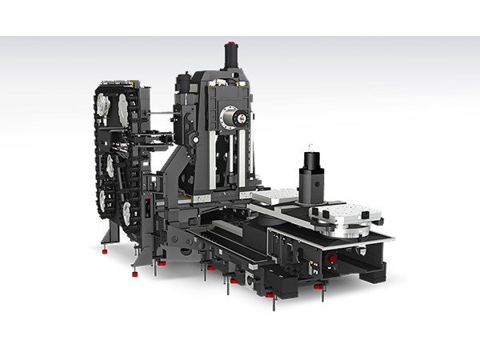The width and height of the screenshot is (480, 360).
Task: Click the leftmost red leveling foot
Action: click(x=104, y=250)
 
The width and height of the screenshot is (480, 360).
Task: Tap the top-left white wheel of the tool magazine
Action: click(x=102, y=106)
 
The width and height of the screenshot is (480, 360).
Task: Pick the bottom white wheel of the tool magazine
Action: click(x=126, y=213)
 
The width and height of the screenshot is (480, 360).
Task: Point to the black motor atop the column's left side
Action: click(x=184, y=82)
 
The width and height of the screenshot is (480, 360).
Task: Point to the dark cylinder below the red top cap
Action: click(x=231, y=57)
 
